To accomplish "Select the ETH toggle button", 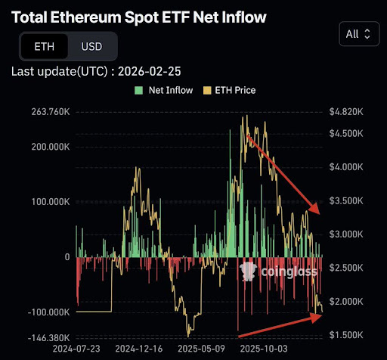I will point(43,47).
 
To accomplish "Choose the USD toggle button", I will point(91,47).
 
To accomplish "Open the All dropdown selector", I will point(358,33).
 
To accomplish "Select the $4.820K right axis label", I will point(347,112).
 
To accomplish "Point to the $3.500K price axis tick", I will point(347,200).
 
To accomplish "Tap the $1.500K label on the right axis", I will point(347,334).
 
